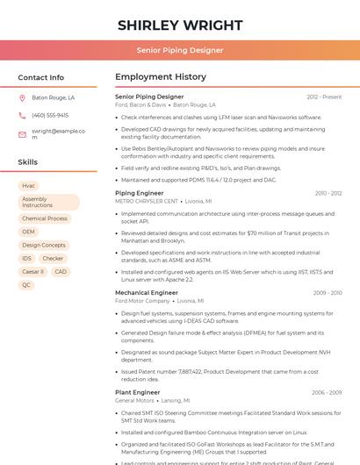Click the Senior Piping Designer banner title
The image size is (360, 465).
[x=180, y=50]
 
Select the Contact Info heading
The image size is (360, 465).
[x=41, y=77]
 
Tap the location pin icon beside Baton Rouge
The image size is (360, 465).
[x=22, y=98]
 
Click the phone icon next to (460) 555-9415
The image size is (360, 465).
[x=22, y=116]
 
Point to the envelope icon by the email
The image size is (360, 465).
[x=22, y=134]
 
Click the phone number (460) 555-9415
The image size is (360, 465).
[x=50, y=116]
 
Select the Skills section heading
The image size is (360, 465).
[x=28, y=162]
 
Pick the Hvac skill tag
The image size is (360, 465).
[x=29, y=186]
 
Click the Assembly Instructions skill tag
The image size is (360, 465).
[x=49, y=202]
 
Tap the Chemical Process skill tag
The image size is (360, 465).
[x=45, y=218]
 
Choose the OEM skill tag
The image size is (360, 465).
[x=29, y=232]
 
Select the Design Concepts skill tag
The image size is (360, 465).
[x=44, y=246]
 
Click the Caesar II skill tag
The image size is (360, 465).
[x=32, y=272]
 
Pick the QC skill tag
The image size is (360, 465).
[x=26, y=285]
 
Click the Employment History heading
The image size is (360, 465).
[x=161, y=77]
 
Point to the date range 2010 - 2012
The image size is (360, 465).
[x=328, y=193]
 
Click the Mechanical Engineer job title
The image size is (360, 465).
[x=147, y=292]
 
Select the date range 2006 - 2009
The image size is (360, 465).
[x=327, y=392]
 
